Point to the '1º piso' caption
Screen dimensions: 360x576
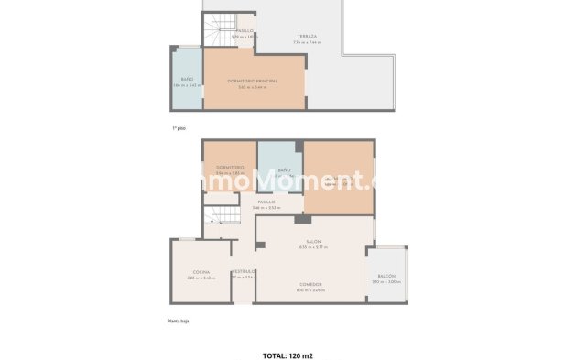click(179, 128)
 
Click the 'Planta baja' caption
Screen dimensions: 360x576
click(178, 321)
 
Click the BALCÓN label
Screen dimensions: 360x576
click(386, 276)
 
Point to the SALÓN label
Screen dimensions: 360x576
click(313, 242)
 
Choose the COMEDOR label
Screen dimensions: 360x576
click(310, 284)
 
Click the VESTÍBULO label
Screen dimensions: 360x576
click(243, 271)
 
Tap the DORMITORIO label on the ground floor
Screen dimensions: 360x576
click(229, 167)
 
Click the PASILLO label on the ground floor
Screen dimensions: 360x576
click(266, 202)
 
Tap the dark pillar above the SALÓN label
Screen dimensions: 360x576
click(299, 219)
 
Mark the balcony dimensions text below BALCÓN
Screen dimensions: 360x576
click(386, 282)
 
